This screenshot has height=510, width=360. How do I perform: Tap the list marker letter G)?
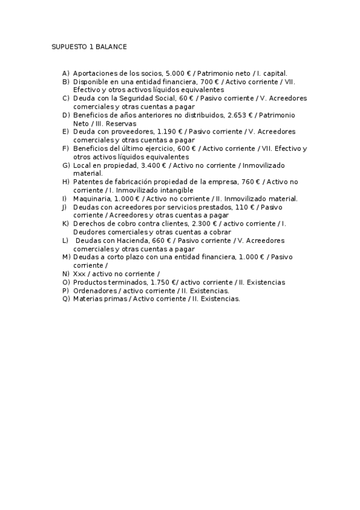(66, 165)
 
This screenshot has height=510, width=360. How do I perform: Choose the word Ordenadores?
(93, 290)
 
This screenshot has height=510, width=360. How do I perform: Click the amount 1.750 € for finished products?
(164, 282)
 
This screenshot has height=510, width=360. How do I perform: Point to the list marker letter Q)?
(66, 299)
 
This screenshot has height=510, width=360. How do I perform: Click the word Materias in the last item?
(87, 299)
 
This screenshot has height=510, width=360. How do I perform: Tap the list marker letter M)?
(66, 257)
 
